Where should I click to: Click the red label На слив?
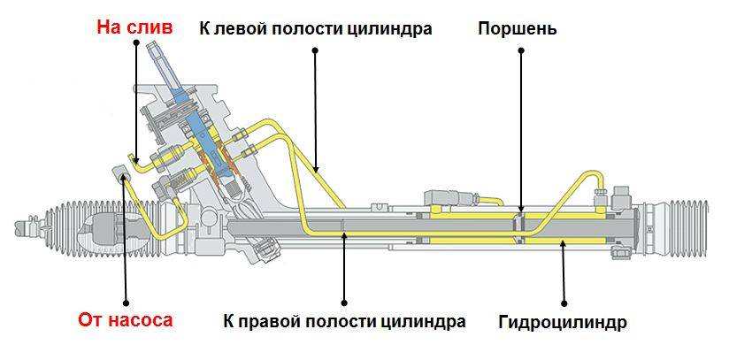pyautogui.click(x=134, y=27)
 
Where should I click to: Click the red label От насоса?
pyautogui.click(x=125, y=320)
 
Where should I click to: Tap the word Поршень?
pyautogui.click(x=517, y=28)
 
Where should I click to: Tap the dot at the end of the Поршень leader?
pyautogui.click(x=521, y=50)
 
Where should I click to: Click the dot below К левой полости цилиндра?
pyautogui.click(x=314, y=50)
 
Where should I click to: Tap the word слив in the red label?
pyautogui.click(x=150, y=27)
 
